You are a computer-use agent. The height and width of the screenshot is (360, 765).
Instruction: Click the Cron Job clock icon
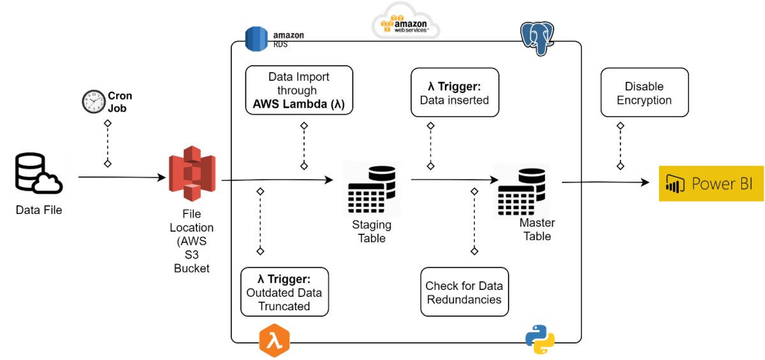click(94, 102)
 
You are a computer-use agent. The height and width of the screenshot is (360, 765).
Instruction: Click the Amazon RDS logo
click(258, 39)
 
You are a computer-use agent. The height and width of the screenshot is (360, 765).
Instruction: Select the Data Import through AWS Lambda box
click(299, 90)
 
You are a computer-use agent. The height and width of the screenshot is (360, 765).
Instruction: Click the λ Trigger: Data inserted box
click(455, 93)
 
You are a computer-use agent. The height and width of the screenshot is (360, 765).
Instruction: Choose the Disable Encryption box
click(644, 93)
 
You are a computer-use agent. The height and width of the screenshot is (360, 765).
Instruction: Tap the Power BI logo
click(711, 184)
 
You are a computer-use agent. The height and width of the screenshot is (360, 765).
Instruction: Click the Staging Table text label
click(372, 232)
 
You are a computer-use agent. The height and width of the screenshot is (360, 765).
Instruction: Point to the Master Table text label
click(537, 229)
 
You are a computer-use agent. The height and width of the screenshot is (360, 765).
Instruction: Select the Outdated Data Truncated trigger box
click(284, 292)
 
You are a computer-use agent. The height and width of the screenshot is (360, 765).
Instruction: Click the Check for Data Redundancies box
click(464, 292)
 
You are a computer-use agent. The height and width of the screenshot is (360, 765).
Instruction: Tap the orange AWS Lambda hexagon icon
click(274, 342)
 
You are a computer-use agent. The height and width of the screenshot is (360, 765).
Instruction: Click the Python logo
click(540, 339)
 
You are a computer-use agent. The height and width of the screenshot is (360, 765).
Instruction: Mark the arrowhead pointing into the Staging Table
click(330, 180)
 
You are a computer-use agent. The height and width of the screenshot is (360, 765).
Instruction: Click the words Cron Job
click(120, 102)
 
